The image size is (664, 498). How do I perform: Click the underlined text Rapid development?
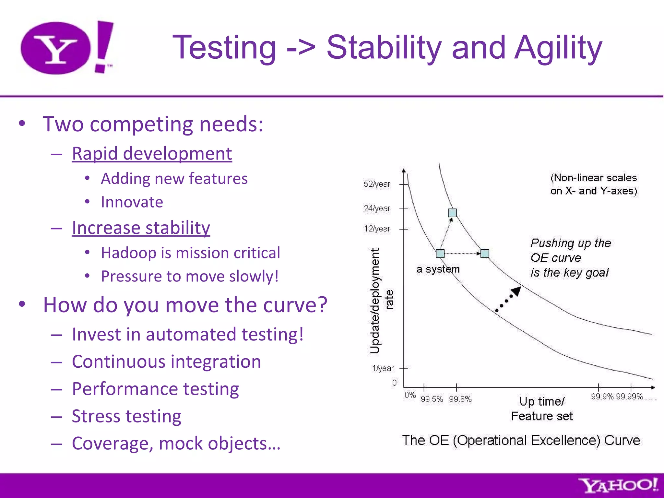(152, 153)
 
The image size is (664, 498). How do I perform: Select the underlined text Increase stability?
(141, 228)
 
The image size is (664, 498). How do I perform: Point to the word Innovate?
(132, 202)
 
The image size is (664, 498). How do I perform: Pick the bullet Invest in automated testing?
(187, 334)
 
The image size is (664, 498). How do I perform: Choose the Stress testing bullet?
(126, 416)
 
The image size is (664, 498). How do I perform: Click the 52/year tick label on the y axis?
(377, 184)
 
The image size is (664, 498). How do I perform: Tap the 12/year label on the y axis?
(377, 229)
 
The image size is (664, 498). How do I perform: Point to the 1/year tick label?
(383, 368)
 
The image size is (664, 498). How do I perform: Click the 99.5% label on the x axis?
(432, 399)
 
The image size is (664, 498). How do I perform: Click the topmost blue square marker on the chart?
(452, 213)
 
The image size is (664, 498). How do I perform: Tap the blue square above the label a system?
(440, 254)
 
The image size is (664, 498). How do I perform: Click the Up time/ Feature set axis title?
(542, 409)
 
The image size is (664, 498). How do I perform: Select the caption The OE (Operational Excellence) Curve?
(521, 440)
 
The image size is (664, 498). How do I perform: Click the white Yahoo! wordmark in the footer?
(618, 486)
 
